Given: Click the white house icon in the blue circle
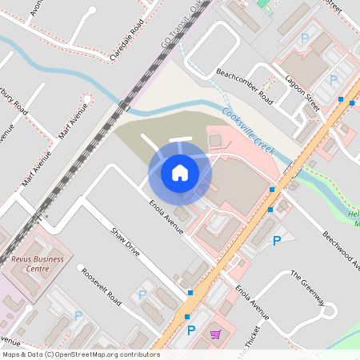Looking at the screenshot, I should pos(179,172).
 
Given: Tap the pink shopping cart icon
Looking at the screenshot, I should pos(215,334).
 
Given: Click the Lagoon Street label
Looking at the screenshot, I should pos(302,93).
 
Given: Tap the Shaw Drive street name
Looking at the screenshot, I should pos(126,242).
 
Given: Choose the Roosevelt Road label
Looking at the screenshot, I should pos(100,284).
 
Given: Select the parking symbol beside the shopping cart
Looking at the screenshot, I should pos(190,330).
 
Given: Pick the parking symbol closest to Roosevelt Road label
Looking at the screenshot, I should pos(142,294).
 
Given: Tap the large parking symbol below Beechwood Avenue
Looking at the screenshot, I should pos(277,240).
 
